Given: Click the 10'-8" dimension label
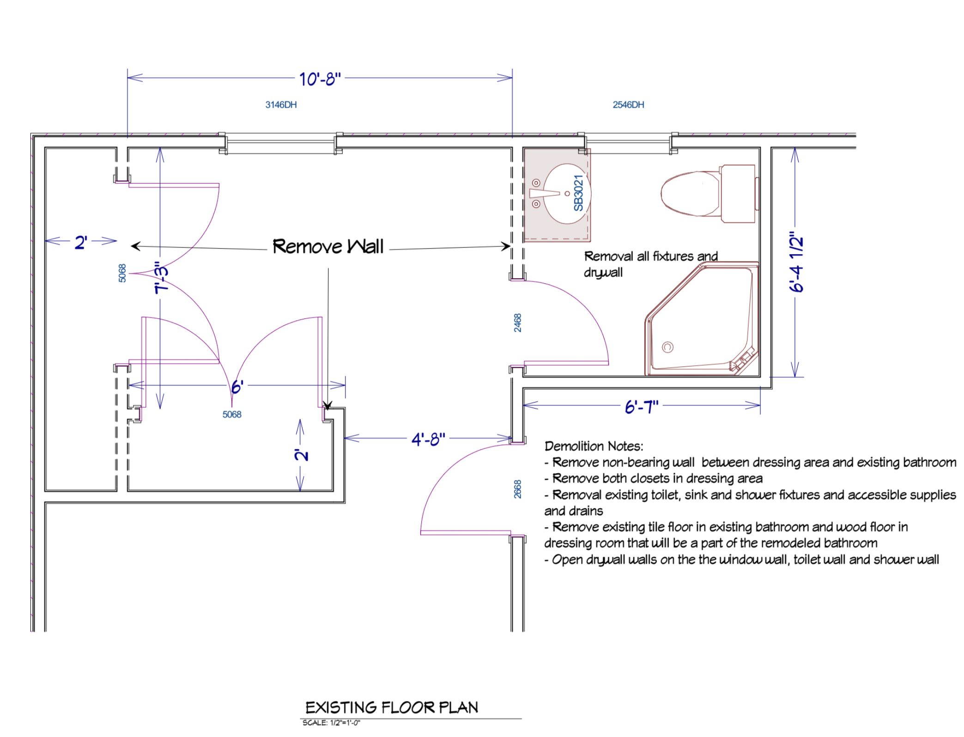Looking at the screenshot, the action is [320, 79].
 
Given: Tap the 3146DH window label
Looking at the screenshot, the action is [281, 105].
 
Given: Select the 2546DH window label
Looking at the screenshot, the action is [628, 105].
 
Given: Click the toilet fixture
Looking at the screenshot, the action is [709, 194].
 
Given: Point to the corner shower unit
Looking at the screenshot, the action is [702, 319].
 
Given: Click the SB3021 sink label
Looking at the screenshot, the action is [579, 193].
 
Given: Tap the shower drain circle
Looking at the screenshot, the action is [667, 347].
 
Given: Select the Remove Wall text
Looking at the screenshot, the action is [328, 246].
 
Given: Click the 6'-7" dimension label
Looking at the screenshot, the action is [642, 407].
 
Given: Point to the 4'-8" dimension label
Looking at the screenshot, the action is [428, 439].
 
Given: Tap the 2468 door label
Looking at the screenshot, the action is [518, 323].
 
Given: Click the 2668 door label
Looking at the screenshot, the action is [518, 489].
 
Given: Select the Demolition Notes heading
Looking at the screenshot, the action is [594, 446].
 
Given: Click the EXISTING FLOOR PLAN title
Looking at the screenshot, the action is [392, 707].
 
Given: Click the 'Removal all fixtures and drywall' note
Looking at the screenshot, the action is [651, 264].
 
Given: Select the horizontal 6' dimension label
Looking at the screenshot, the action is [237, 386].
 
